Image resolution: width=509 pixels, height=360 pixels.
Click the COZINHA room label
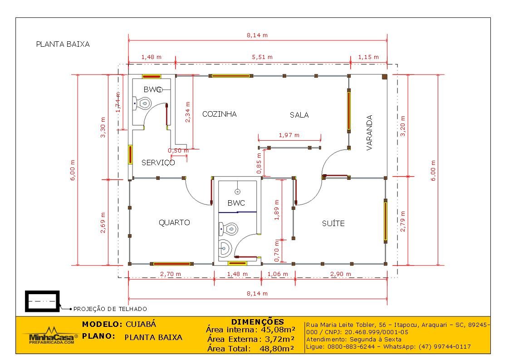[x=220, y=114]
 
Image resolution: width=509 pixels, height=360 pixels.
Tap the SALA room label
[x=299, y=115]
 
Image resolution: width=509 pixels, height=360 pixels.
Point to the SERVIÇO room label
[x=158, y=163]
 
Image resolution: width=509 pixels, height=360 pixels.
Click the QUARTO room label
[x=174, y=222]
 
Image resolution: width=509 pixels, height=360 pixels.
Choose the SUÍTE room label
[x=333, y=223]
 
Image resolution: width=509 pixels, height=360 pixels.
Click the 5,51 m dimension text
[x=262, y=57]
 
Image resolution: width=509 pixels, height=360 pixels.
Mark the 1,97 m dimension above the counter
[x=289, y=135]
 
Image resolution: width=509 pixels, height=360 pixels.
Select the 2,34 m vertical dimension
[x=188, y=112]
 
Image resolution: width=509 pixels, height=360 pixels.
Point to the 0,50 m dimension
[x=178, y=151]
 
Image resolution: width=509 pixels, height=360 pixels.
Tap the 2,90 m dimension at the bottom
[x=341, y=274]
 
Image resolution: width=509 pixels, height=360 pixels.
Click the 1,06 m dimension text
[x=278, y=274]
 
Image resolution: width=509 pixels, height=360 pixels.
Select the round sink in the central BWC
[x=225, y=248]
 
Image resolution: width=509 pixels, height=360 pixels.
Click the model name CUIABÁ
[x=141, y=325]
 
